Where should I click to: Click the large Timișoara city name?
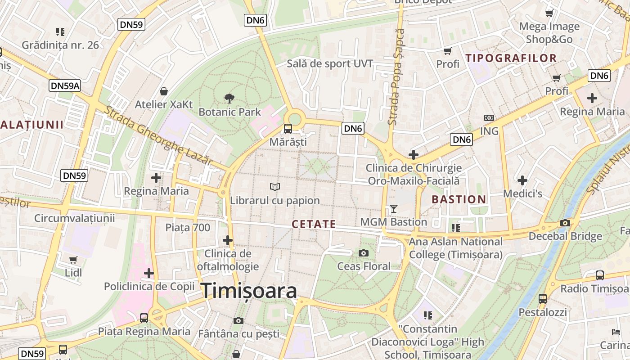249,291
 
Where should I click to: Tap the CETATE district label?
314,224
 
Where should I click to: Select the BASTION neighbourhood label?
459,199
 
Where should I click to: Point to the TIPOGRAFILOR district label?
511,58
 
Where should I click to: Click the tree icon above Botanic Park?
229,98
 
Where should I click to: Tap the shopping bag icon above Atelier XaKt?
164,91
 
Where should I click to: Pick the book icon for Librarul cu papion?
274,187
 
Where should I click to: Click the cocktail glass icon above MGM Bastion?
394,208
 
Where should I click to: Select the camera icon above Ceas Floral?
364,253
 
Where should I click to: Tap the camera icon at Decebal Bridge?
565,223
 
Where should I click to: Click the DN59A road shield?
65,85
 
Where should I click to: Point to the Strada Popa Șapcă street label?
396,76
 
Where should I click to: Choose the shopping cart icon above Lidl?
73,260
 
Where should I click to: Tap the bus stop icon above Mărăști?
288,129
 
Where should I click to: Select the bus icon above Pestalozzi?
543,298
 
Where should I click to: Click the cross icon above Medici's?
522,180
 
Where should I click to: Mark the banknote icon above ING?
489,118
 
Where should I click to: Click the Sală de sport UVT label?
330,64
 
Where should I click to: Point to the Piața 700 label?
188,228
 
